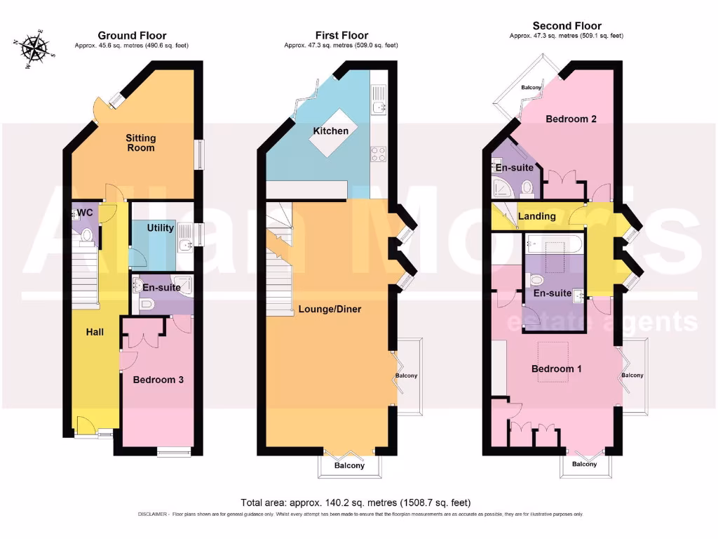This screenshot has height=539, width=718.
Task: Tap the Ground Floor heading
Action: tap(132, 35)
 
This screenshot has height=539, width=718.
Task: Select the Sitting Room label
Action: tap(140, 142)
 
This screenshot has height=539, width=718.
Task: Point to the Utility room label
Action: tap(161, 228)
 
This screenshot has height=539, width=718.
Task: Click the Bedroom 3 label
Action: tap(158, 380)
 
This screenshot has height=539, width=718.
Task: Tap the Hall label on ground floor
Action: tap(95, 331)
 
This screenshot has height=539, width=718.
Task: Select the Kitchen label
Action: tap(331, 131)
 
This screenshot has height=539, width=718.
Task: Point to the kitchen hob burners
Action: tap(379, 154)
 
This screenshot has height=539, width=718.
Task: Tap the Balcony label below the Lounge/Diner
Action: tap(349, 465)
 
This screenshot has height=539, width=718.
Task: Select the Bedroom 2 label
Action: tap(571, 119)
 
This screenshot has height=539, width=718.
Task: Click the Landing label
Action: tap(536, 216)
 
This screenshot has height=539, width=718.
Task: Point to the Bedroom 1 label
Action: tap(557, 368)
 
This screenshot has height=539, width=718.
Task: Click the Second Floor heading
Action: tap(567, 26)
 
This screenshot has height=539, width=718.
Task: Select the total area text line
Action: tap(355, 503)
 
